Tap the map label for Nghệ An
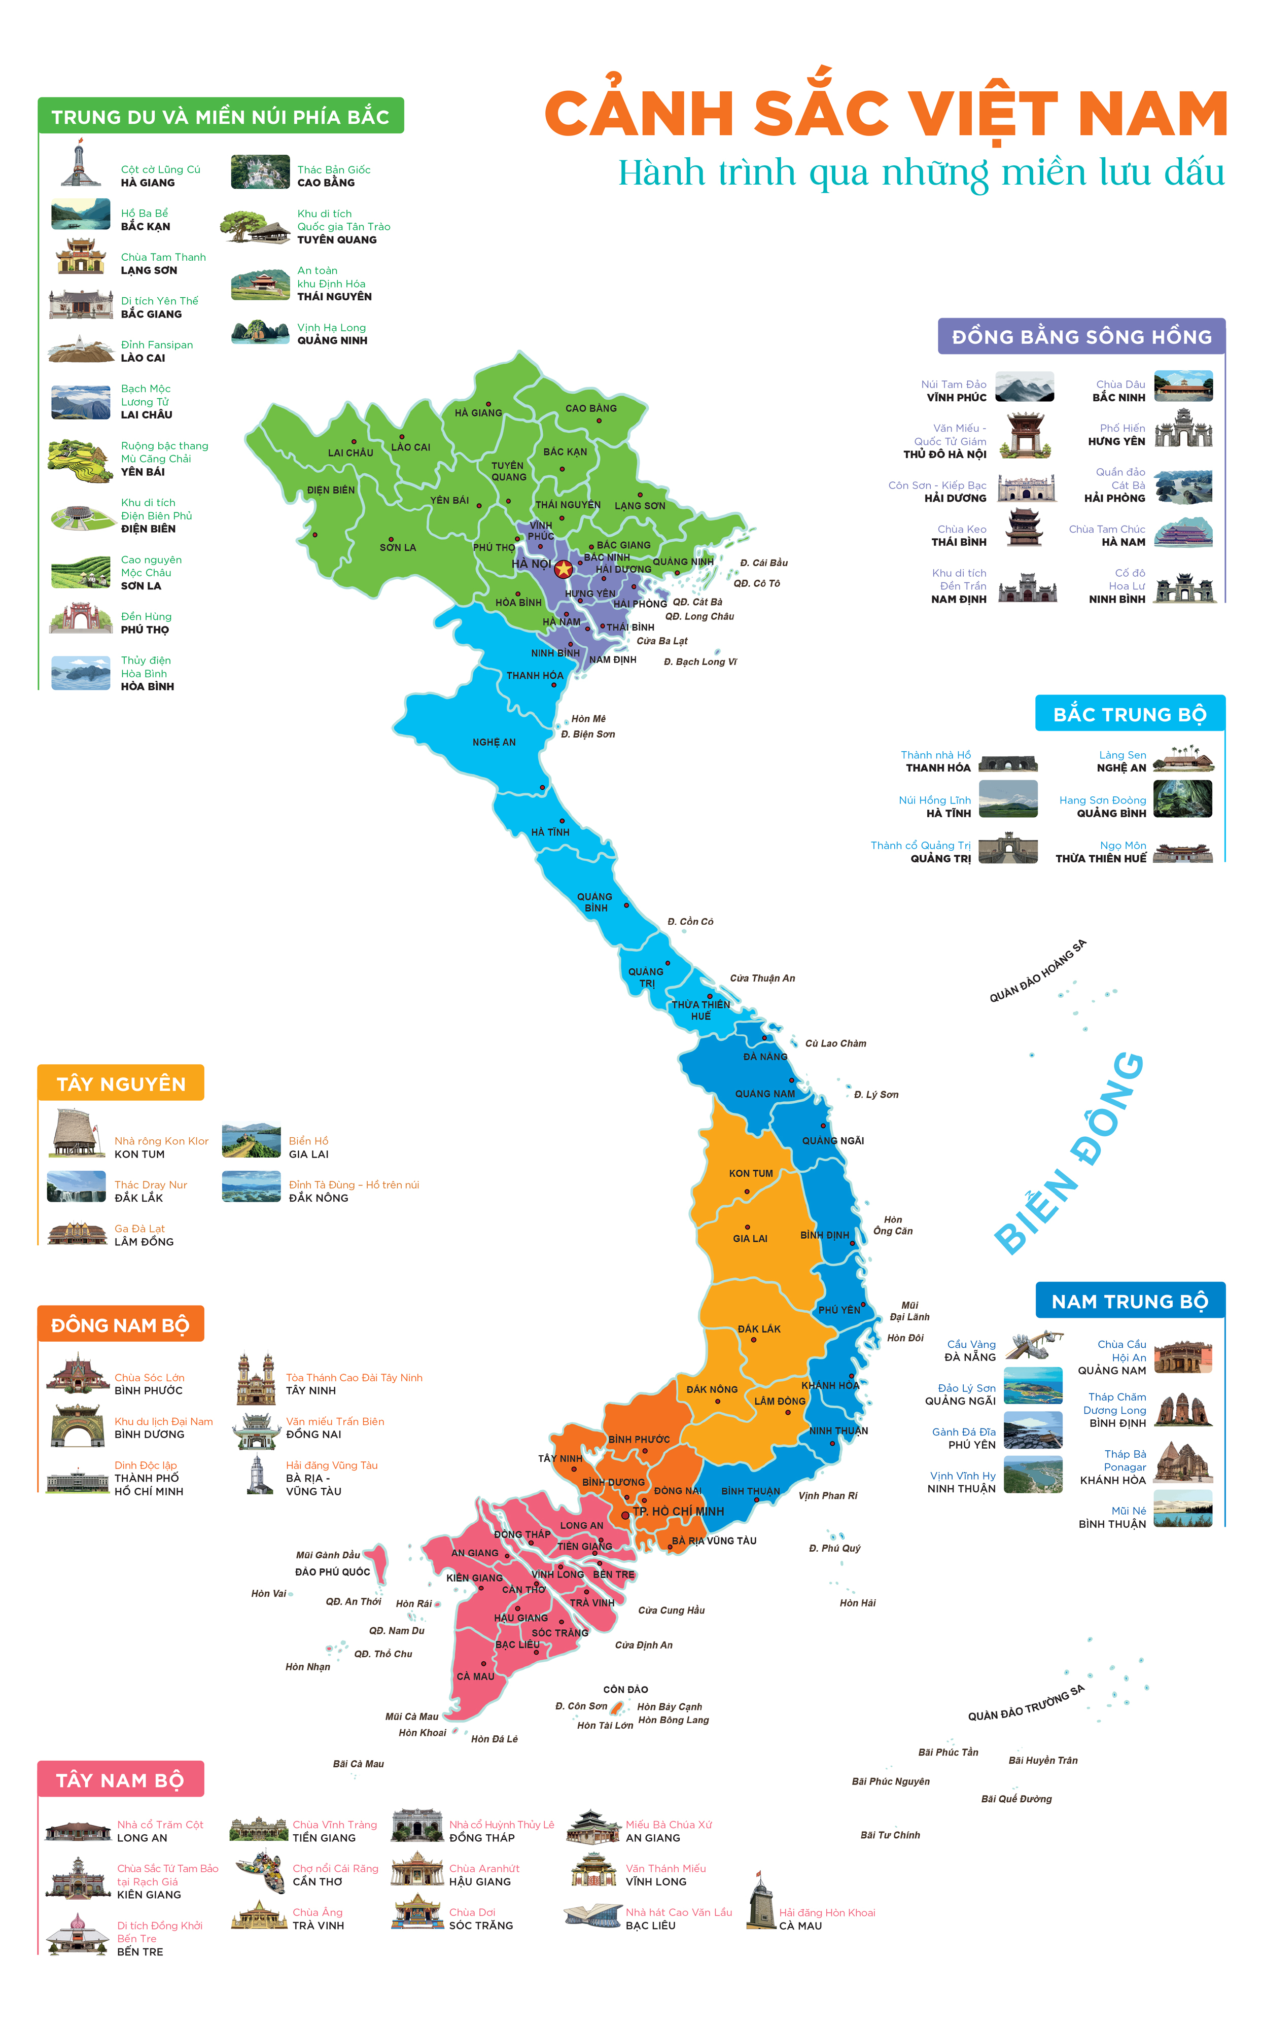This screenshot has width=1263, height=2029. (x=494, y=742)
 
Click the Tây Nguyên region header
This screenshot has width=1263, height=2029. (x=121, y=1083)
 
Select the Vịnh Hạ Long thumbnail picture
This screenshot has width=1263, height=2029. (x=260, y=332)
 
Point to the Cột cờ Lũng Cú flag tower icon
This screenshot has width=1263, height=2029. (x=80, y=164)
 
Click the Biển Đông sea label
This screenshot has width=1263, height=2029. (x=1069, y=1153)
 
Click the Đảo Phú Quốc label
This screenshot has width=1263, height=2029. (x=332, y=1571)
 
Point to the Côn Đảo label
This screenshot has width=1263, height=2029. (x=625, y=1689)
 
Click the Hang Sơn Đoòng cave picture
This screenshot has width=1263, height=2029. (x=1182, y=798)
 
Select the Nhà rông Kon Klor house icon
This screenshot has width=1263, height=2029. (x=78, y=1134)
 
